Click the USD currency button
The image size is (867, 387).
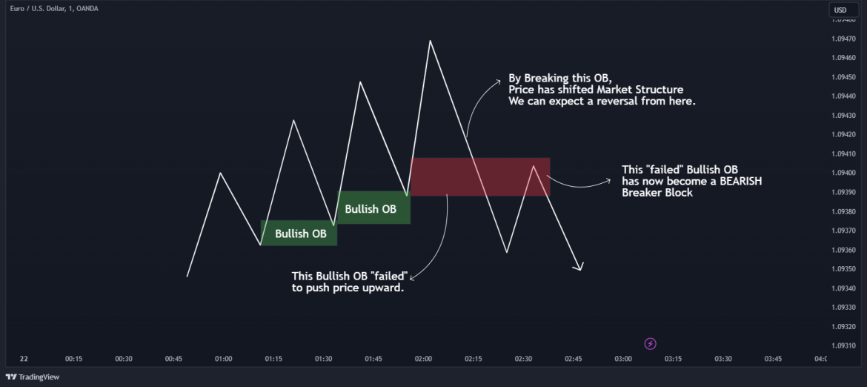840,10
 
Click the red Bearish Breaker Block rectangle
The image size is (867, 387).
480,177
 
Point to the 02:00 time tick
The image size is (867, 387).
423,359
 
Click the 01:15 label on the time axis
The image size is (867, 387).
273,359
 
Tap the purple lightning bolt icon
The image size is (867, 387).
651,343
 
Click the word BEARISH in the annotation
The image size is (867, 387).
739,181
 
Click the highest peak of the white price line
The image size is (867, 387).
430,41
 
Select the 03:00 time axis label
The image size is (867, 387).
623,359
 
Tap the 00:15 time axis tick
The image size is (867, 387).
73,359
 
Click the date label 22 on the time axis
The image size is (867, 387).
24,359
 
